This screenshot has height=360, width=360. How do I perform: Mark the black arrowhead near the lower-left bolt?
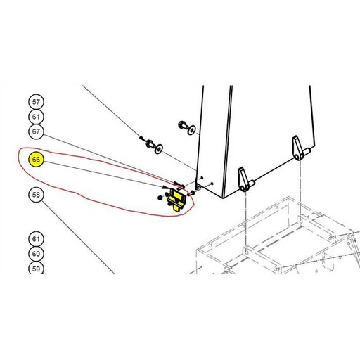(141, 138)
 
